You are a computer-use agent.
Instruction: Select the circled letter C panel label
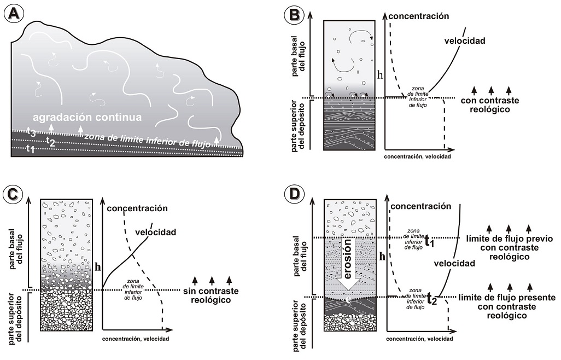tap(13, 193)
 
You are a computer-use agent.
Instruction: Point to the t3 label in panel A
tap(31, 131)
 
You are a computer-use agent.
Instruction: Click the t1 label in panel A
tap(31, 148)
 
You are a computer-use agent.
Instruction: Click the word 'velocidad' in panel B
tap(464, 40)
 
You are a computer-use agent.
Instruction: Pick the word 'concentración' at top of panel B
tap(420, 16)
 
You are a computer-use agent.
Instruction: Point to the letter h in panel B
tap(380, 75)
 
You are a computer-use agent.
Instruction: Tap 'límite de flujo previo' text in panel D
tap(510, 239)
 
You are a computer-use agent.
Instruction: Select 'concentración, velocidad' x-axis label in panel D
tap(419, 339)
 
